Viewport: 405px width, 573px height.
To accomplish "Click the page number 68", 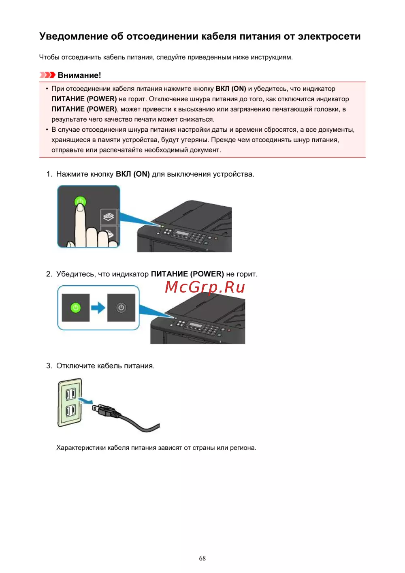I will tap(202, 558).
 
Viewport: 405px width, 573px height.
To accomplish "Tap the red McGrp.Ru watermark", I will tap(205, 287).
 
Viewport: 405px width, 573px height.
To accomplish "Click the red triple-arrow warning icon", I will tap(47, 75).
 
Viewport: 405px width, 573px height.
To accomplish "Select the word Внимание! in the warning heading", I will tap(79, 75).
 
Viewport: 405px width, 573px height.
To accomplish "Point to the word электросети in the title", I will tap(329, 36).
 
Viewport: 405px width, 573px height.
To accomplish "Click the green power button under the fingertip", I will tap(80, 201).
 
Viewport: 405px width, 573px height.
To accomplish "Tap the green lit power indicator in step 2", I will tap(76, 308).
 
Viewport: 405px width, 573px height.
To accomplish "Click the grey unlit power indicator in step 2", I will tap(121, 308).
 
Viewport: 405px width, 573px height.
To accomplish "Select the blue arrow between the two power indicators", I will tap(98, 308).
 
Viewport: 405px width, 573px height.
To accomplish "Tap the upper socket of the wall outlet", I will tap(71, 393).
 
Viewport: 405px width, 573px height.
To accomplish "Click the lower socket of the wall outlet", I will tap(71, 411).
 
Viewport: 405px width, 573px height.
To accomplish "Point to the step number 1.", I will tap(49, 174).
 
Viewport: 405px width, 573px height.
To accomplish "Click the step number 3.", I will tap(49, 366).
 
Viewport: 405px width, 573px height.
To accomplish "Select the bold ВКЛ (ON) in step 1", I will tap(133, 174).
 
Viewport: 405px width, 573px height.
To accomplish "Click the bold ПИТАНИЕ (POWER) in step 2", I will tap(187, 274).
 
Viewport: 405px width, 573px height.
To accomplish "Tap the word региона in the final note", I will tap(242, 448).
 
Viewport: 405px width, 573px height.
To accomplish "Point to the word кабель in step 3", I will tap(109, 366).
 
